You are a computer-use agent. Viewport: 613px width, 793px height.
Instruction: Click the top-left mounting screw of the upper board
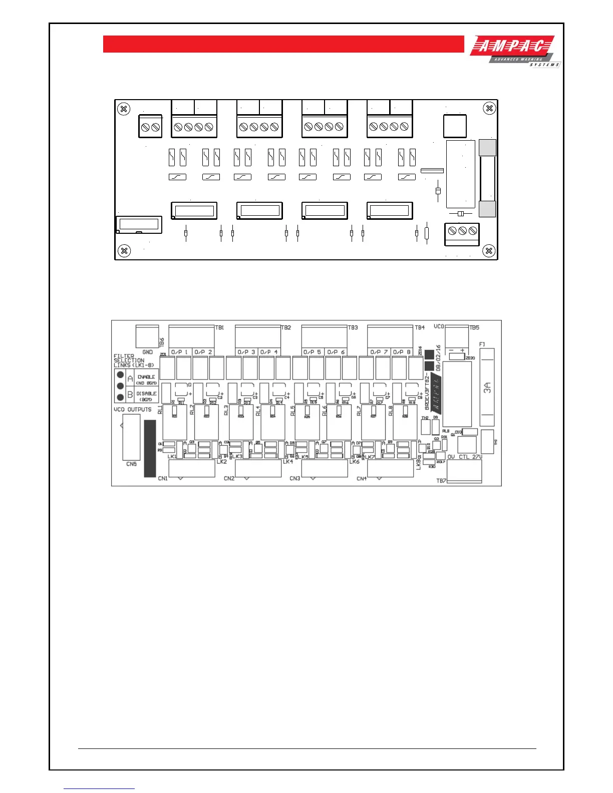point(124,109)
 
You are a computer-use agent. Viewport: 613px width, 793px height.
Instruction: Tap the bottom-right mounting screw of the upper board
point(489,250)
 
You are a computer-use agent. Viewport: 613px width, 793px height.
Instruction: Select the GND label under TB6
point(147,352)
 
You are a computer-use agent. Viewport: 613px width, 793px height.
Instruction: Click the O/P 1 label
point(179,352)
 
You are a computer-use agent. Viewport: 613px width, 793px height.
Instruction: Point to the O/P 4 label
point(269,352)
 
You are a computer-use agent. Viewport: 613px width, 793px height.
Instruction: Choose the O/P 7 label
point(379,352)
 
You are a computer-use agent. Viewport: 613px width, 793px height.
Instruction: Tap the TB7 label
point(441,481)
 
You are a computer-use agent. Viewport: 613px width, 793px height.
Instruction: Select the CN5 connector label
point(131,464)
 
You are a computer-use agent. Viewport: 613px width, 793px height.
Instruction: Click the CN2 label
point(229,479)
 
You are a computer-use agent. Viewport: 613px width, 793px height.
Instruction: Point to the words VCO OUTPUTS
point(132,410)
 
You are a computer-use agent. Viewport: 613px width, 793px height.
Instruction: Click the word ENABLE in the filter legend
point(146,376)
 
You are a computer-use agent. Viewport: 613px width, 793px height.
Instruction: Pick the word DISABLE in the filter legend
point(146,393)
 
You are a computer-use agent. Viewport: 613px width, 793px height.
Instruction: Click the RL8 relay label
point(391,410)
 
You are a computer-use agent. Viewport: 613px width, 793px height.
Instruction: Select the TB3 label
point(353,327)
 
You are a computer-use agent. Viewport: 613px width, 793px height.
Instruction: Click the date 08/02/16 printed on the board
point(438,357)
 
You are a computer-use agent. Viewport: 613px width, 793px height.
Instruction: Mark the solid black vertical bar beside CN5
point(150,448)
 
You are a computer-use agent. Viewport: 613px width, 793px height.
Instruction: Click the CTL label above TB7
point(464,457)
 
